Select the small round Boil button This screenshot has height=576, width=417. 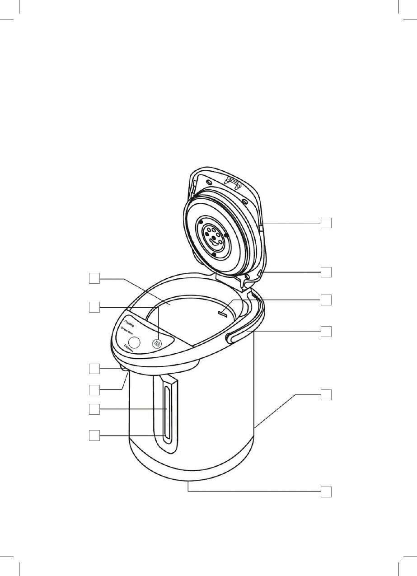click(x=157, y=344)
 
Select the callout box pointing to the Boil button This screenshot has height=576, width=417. click(x=94, y=308)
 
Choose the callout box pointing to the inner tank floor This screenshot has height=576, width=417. click(x=94, y=279)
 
